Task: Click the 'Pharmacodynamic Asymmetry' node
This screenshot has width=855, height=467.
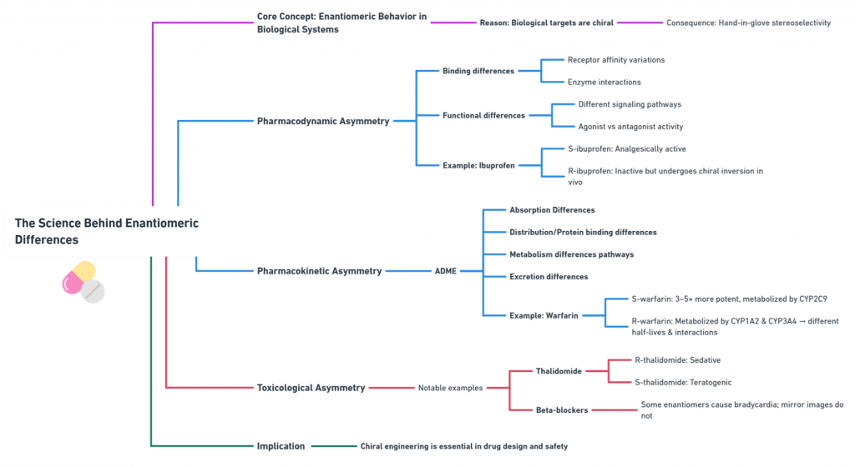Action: click(x=323, y=121)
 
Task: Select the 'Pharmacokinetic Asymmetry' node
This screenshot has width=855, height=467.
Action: click(x=319, y=271)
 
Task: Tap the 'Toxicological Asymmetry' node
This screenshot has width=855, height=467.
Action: click(x=311, y=388)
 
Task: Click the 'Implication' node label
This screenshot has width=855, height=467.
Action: click(x=281, y=446)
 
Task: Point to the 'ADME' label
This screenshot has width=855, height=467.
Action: click(x=446, y=271)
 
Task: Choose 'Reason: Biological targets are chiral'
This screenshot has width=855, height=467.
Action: click(x=546, y=23)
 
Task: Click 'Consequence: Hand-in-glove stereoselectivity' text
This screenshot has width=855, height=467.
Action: click(x=748, y=23)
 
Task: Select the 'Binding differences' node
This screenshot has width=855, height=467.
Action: click(x=478, y=71)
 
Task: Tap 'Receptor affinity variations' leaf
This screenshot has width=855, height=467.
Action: click(x=616, y=60)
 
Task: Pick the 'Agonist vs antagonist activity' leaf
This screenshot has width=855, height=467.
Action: click(x=630, y=127)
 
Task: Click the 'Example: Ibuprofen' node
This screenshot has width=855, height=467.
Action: click(x=478, y=165)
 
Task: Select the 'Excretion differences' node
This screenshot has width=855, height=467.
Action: click(x=549, y=277)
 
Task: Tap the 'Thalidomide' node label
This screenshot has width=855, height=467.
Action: click(x=559, y=371)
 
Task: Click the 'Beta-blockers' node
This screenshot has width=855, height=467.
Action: click(x=561, y=410)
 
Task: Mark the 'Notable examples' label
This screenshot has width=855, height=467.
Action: click(x=450, y=388)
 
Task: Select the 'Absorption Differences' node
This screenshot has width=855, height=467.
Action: click(x=552, y=210)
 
